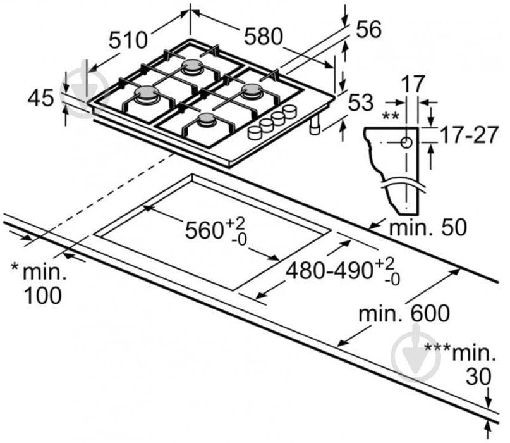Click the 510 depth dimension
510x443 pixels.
128,40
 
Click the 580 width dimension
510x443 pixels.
263,36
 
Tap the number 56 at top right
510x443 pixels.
368,29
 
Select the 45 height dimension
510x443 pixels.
41,98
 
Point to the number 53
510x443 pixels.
361,103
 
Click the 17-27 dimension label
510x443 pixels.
469,135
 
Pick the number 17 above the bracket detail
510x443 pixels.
413,84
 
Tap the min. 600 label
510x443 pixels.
404,313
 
